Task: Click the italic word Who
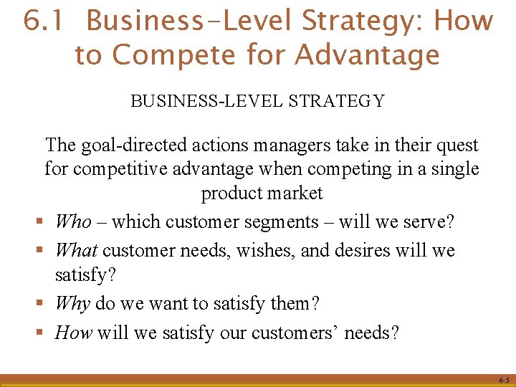coord(73,221)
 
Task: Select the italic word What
coord(77,251)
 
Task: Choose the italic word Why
coord(72,303)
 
